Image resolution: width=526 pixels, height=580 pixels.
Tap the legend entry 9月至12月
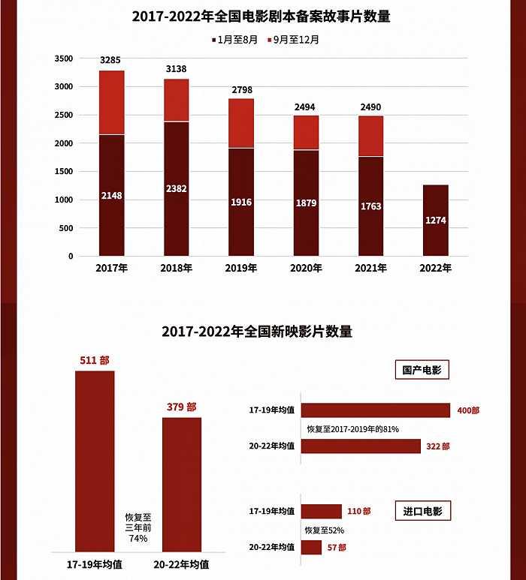pos(296,40)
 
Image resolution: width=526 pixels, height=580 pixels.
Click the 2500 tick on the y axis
pos(64,116)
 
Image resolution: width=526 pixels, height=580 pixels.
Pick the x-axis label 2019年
pos(241,267)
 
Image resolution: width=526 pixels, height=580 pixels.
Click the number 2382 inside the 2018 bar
pos(177,189)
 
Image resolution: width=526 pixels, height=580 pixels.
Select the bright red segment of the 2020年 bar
pos(306,133)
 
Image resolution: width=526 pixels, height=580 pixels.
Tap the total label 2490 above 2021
pos(370,107)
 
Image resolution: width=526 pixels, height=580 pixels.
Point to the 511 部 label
pos(95,360)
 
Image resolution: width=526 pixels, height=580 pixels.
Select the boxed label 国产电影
pos(421,369)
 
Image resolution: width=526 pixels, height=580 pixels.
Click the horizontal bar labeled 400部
pos(376,410)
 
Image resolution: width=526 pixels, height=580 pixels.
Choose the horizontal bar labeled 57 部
pos(311,548)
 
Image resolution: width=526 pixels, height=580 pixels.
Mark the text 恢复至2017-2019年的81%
pos(352,429)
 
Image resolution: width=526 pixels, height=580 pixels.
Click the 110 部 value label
pos(359,511)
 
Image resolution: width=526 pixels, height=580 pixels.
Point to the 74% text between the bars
pos(138,538)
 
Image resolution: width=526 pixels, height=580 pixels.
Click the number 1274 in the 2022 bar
pos(435,221)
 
